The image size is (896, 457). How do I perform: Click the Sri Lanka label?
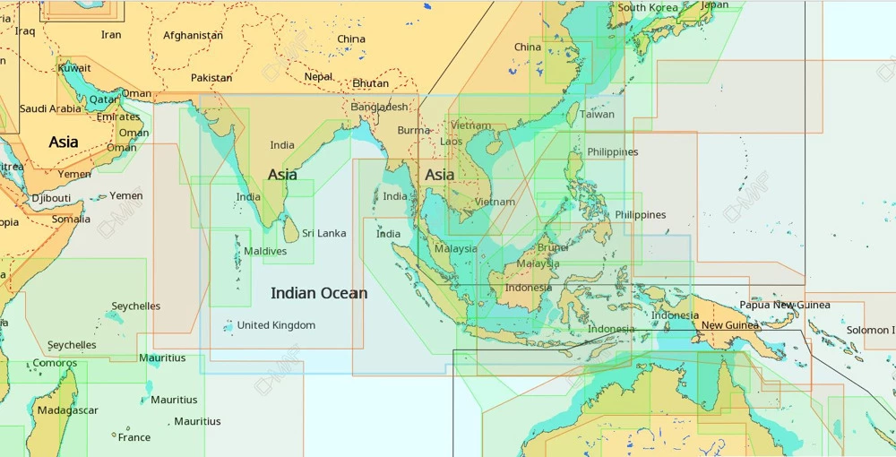(x=323, y=234)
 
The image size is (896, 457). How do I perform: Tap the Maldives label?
(x=265, y=252)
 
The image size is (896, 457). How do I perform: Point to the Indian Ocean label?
(x=319, y=293)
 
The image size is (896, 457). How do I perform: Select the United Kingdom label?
(x=276, y=325)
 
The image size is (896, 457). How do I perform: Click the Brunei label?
(x=553, y=248)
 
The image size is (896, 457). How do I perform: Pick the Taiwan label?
(x=597, y=115)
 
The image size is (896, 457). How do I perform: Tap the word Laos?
(x=452, y=142)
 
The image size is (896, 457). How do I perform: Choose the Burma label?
(x=414, y=130)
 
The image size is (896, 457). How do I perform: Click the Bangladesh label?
(x=380, y=107)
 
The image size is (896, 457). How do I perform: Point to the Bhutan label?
(x=371, y=83)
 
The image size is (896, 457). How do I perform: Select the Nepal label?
(x=318, y=77)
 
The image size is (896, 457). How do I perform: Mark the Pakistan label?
(x=211, y=78)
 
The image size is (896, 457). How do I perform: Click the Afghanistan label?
(x=193, y=36)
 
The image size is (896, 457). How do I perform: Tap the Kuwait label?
(x=74, y=68)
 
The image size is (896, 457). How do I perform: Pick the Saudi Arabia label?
(x=50, y=109)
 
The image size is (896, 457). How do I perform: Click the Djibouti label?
(x=51, y=198)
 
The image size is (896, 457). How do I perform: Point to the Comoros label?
(x=55, y=363)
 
